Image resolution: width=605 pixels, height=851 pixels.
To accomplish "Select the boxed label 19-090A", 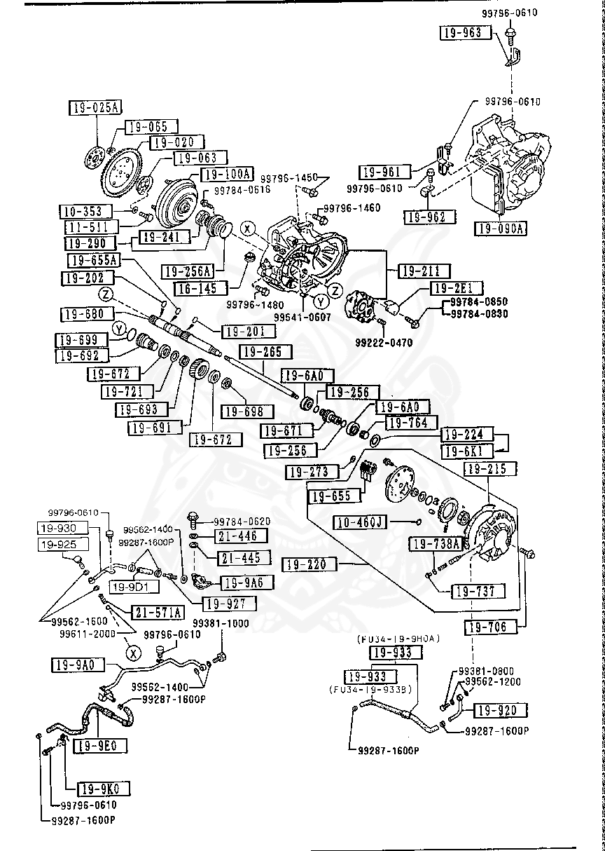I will pos(501,229).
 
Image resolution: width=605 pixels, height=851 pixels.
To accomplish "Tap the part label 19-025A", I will pos(95,107).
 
